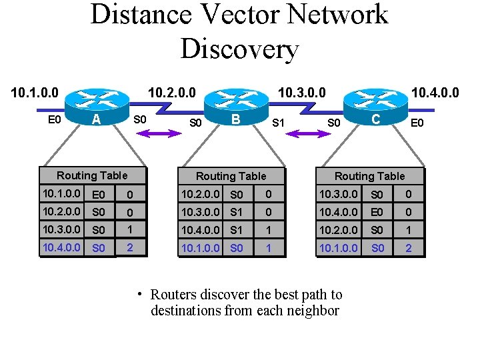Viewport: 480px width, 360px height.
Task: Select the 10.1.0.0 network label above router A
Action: click(35, 91)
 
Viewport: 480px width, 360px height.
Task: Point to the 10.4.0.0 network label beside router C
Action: click(435, 91)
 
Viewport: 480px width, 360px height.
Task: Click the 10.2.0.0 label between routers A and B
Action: click(172, 91)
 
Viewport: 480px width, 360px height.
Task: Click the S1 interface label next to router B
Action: click(279, 123)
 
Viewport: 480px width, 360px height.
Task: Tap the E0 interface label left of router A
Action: click(55, 120)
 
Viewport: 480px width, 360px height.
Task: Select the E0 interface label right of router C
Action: click(417, 123)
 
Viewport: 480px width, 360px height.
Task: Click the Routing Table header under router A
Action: click(92, 175)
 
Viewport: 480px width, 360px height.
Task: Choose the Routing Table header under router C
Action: click(369, 176)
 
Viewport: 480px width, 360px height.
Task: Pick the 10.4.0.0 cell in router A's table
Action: click(61, 247)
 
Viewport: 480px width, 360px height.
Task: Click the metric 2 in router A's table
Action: click(130, 247)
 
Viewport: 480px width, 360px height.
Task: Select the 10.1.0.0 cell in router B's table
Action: click(201, 247)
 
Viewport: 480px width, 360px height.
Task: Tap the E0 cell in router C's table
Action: click(377, 213)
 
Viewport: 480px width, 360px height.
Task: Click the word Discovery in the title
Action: click(239, 49)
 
